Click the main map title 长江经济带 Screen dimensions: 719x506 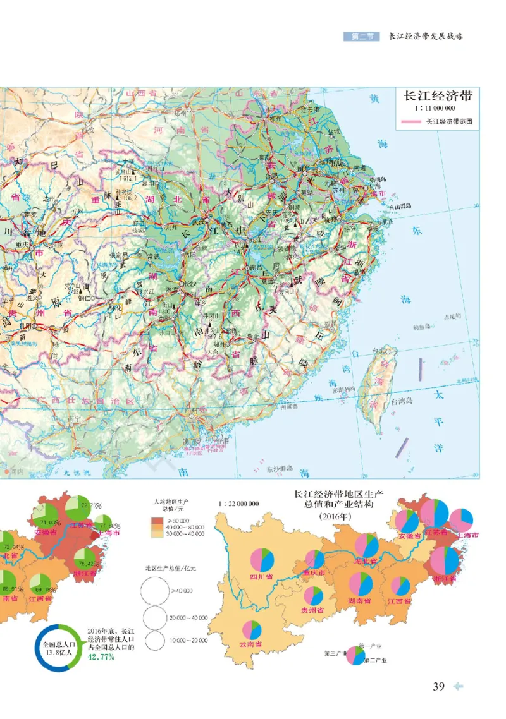click(438, 97)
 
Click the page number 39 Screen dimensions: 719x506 click(439, 686)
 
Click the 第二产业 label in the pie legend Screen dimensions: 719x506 click(376, 658)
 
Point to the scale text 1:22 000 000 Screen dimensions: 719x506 click(238, 504)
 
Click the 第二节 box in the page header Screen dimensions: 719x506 click(361, 37)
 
